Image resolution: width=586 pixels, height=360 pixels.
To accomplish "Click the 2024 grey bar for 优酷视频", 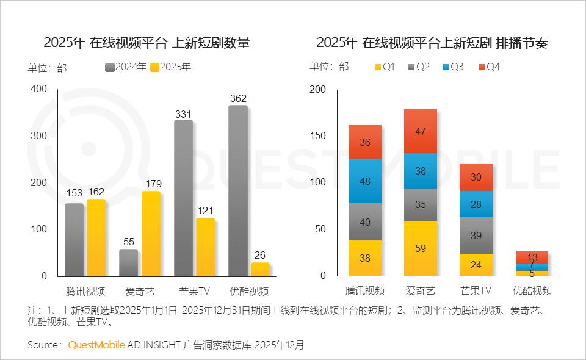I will tap(238, 190).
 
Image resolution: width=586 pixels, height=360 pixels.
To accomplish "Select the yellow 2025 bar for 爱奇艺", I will tap(151, 234).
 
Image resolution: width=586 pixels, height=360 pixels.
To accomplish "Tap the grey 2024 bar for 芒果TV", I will tap(183, 198).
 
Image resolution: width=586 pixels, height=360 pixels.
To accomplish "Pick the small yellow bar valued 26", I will tap(260, 269).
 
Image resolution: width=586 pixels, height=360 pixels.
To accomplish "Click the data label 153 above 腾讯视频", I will tap(74, 193).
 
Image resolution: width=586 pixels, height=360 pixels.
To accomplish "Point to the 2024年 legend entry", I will tap(126, 67).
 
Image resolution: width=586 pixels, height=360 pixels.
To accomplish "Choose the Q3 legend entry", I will tap(452, 67).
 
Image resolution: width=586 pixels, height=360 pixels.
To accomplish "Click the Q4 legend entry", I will tap(488, 67).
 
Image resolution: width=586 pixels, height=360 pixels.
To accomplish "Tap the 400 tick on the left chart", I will tap(39, 89).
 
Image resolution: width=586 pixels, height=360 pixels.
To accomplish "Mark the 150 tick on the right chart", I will tap(318, 136).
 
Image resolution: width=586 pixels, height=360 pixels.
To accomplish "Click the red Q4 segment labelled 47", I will tap(421, 131).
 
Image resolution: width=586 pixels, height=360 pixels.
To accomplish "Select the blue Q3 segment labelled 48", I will tap(365, 181).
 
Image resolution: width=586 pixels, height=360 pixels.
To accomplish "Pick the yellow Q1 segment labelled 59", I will tap(421, 248).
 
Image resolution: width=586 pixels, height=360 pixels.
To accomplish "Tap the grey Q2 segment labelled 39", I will tap(476, 235).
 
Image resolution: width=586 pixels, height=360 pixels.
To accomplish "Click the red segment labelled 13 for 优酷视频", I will tap(532, 257).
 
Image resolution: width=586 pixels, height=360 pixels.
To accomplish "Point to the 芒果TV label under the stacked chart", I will tap(476, 290).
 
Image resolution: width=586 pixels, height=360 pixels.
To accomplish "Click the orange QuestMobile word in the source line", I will tap(96, 345).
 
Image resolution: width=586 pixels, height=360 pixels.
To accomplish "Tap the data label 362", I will tap(238, 98).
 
